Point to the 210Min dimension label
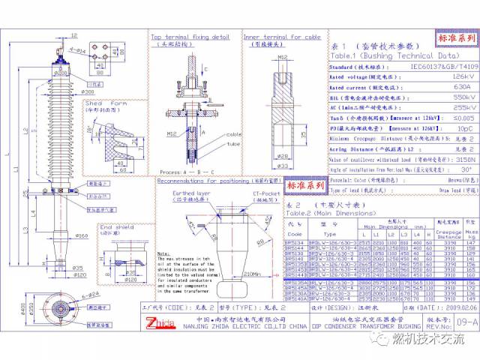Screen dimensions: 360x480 pos(241,274)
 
